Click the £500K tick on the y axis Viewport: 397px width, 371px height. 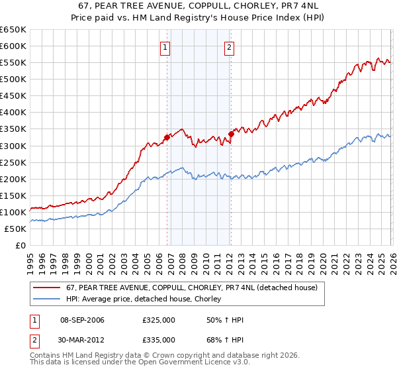pyautogui.click(x=13, y=79)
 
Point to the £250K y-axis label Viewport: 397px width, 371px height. pyautogui.click(x=13, y=162)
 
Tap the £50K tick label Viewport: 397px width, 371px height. pyautogui.click(x=15, y=229)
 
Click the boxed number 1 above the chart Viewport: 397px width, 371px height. pyautogui.click(x=165, y=47)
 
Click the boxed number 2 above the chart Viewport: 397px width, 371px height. pyautogui.click(x=229, y=47)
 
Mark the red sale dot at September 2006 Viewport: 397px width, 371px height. pyautogui.click(x=167, y=137)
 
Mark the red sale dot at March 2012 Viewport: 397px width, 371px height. pyautogui.click(x=231, y=134)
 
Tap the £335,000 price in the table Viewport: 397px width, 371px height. pyautogui.click(x=158, y=339)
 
